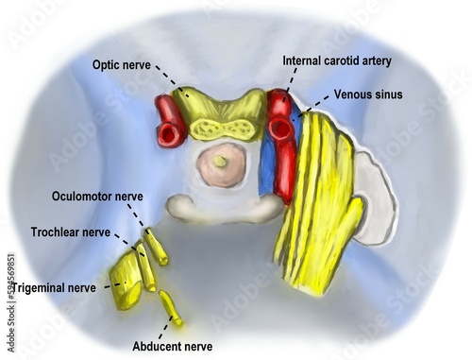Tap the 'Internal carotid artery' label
(337, 60)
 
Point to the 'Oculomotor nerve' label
(97, 197)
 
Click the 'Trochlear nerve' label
(68, 231)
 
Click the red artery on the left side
(171, 123)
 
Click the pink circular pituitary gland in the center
(221, 163)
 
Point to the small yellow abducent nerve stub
(170, 307)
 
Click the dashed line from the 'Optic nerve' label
(168, 77)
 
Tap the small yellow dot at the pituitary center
(221, 162)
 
